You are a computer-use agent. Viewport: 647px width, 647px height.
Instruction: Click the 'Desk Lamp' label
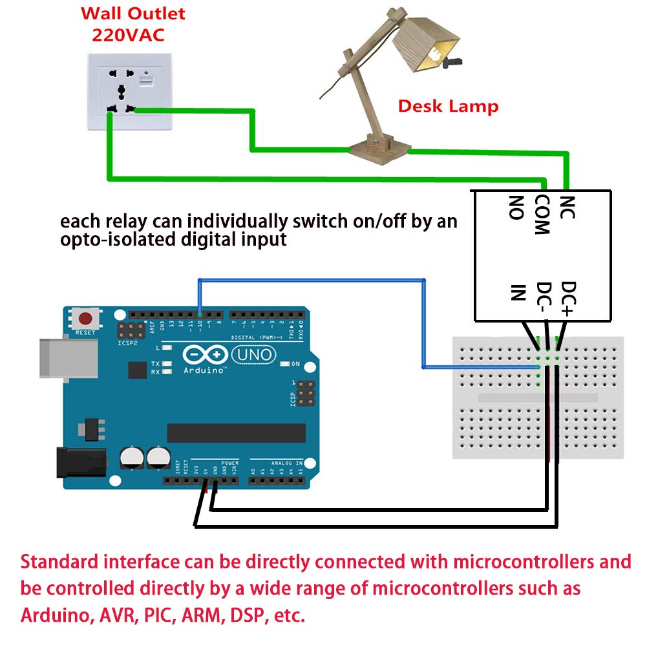coord(448,106)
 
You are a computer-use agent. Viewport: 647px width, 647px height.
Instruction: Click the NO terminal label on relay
coord(515,208)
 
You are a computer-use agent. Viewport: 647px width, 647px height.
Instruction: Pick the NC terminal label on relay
coord(567,207)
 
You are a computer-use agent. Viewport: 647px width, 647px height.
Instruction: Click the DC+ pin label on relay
coord(567,297)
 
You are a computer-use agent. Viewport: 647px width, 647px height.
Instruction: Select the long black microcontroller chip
coord(236,433)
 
